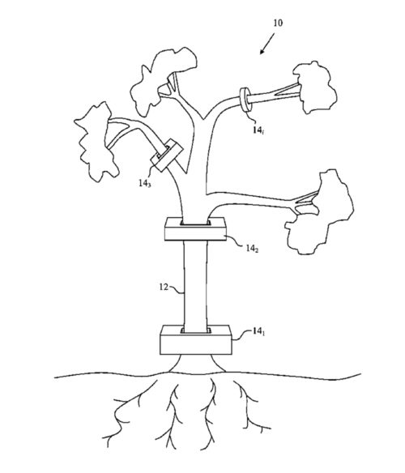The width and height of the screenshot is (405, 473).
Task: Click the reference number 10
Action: tap(278, 23)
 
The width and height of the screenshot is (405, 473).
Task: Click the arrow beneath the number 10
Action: tap(267, 44)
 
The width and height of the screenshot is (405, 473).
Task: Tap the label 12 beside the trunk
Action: tap(164, 287)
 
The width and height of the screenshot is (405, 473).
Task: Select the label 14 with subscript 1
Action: tap(258, 331)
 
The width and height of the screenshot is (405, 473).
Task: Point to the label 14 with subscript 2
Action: tap(252, 249)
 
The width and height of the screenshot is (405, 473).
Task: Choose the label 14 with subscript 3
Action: tap(145, 183)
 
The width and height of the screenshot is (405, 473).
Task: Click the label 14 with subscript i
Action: tap(258, 130)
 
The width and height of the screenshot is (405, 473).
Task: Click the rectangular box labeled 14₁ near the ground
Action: tap(196, 340)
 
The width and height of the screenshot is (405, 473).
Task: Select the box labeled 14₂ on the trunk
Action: tap(195, 229)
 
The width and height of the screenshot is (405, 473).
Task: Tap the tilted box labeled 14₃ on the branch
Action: tap(167, 155)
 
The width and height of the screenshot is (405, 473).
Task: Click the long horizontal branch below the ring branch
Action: tap(250, 200)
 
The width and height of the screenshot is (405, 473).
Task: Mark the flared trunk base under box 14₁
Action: tap(197, 364)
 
